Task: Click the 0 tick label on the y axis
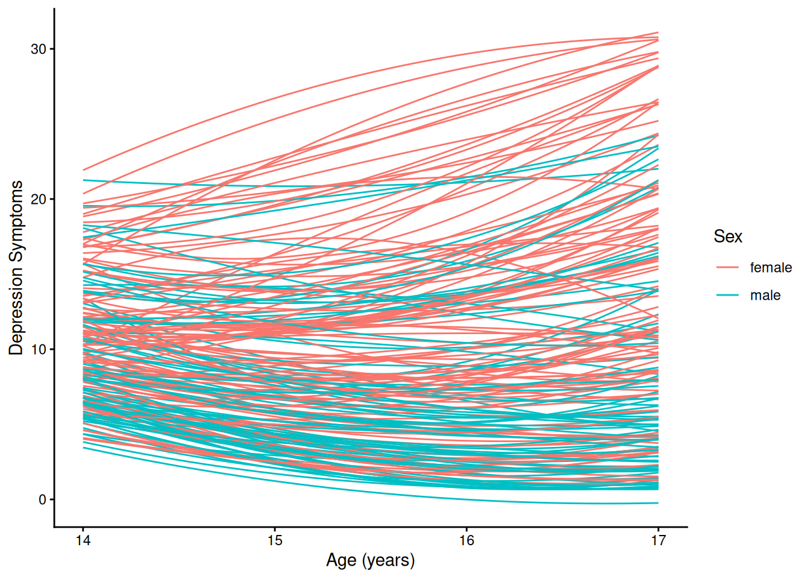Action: pyautogui.click(x=42, y=500)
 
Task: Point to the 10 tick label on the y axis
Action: pyautogui.click(x=39, y=350)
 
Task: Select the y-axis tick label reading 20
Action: pyautogui.click(x=39, y=200)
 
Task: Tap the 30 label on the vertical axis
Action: pyautogui.click(x=39, y=49)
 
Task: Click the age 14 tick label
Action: pyautogui.click(x=83, y=540)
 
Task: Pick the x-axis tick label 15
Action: pyautogui.click(x=275, y=540)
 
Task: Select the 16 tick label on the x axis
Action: pyautogui.click(x=466, y=540)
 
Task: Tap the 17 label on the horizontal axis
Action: pyautogui.click(x=658, y=540)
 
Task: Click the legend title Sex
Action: pyautogui.click(x=727, y=236)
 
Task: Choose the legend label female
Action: pyautogui.click(x=770, y=268)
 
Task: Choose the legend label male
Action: pyautogui.click(x=765, y=296)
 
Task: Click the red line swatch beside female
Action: pyautogui.click(x=727, y=268)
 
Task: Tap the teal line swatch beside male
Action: pyautogui.click(x=727, y=296)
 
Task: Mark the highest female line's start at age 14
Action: pyautogui.click(x=84, y=170)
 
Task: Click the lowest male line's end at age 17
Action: pyautogui.click(x=658, y=503)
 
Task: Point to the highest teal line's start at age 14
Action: pyautogui.click(x=84, y=180)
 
